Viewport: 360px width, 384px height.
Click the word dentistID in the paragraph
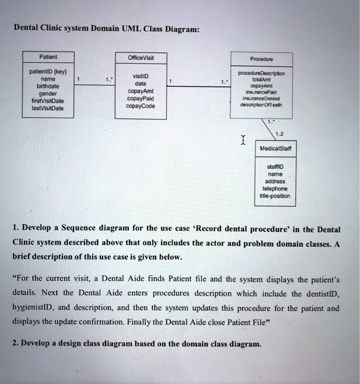tap(321, 293)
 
